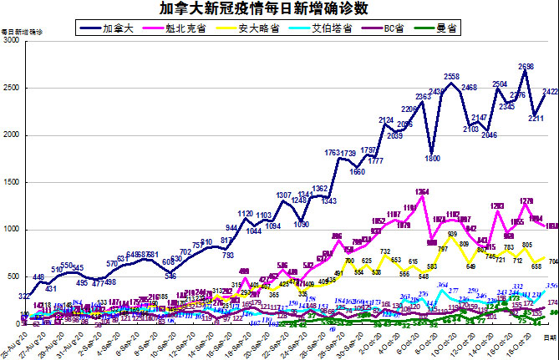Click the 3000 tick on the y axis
(x=12, y=41)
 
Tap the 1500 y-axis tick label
(x=12, y=182)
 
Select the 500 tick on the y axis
(x=14, y=276)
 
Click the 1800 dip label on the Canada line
(x=432, y=158)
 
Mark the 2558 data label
(x=452, y=77)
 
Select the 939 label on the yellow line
(x=452, y=235)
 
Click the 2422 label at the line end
(x=550, y=92)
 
